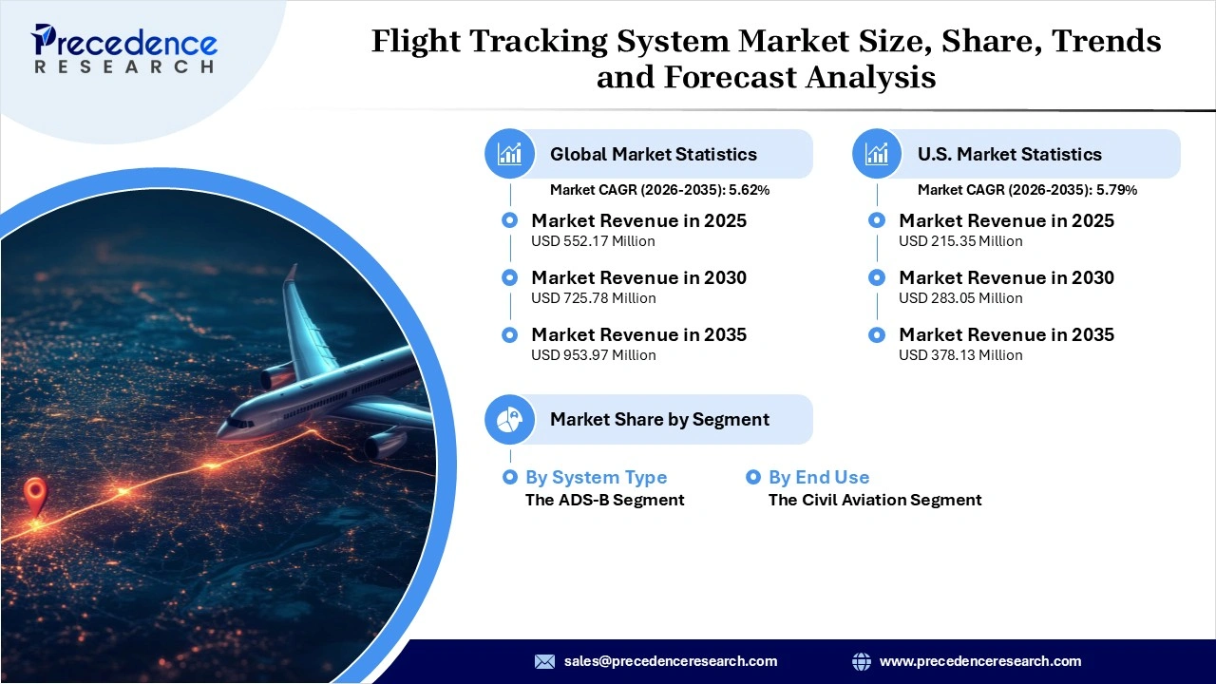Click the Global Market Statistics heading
pyautogui.click(x=653, y=154)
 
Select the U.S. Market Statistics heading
pyautogui.click(x=1009, y=154)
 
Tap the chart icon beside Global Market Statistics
pyautogui.click(x=510, y=154)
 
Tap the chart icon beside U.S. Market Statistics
pyautogui.click(x=877, y=154)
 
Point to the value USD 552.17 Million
pyautogui.click(x=593, y=241)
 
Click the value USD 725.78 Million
pyautogui.click(x=593, y=298)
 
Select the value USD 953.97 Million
pyautogui.click(x=593, y=355)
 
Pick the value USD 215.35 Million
pyautogui.click(x=960, y=241)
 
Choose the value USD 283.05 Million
pyautogui.click(x=960, y=298)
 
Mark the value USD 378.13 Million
pyautogui.click(x=960, y=355)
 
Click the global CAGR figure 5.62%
pyautogui.click(x=749, y=190)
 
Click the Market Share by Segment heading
pyautogui.click(x=659, y=419)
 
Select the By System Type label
pyautogui.click(x=596, y=477)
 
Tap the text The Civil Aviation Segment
pyautogui.click(x=874, y=500)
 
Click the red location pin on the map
pyautogui.click(x=35, y=495)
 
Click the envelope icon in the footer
pyautogui.click(x=544, y=661)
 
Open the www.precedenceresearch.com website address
pyautogui.click(x=979, y=661)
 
